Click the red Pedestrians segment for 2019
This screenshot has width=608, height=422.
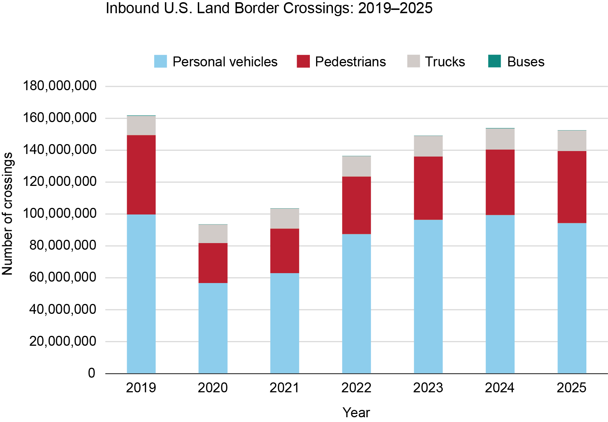141,175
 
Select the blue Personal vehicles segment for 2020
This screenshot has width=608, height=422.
213,328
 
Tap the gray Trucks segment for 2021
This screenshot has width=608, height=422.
285,219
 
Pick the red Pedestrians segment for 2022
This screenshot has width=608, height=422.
356,205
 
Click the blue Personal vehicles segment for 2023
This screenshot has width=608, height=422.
428,296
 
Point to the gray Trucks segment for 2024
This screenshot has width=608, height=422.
500,139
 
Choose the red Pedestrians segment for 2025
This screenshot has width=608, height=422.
572,187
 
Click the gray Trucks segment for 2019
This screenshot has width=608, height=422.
141,125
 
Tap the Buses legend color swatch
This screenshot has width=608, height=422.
494,61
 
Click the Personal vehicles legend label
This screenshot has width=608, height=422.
225,62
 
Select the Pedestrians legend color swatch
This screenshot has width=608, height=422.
303,61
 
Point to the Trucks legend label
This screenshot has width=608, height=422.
445,62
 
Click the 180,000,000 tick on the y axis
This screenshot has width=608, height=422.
60,86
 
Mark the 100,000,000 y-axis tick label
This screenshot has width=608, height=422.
60,214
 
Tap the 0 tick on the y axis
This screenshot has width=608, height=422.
92,373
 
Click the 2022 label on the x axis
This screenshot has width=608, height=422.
356,388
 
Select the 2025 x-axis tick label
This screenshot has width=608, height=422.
572,388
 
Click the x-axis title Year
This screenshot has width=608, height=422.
356,412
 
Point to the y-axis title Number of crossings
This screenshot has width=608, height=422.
7,214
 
